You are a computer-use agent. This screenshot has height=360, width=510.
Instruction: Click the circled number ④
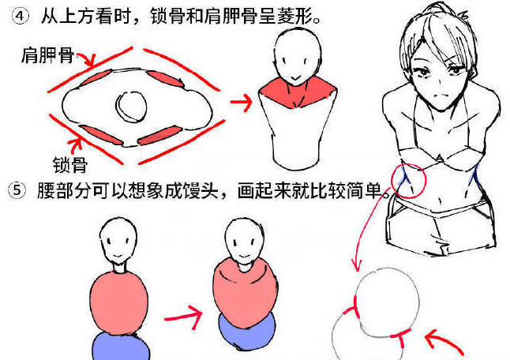tap(21, 16)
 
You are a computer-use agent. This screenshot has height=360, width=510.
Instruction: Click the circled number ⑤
tap(17, 190)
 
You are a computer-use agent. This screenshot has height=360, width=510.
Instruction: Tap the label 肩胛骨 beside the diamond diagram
tap(48, 54)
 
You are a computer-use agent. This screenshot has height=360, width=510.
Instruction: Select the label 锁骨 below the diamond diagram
tap(70, 164)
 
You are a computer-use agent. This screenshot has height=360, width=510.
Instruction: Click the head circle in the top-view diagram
tap(131, 107)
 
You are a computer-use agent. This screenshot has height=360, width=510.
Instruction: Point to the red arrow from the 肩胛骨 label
tap(87, 60)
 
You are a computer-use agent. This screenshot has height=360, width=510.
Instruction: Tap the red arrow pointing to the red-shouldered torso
tap(242, 102)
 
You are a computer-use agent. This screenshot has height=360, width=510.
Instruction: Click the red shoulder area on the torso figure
tap(297, 92)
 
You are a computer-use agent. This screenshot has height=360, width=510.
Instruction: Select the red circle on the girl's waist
tap(408, 181)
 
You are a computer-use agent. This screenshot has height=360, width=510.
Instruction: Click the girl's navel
tap(441, 199)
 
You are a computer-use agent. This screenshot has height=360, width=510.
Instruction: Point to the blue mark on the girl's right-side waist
tap(474, 174)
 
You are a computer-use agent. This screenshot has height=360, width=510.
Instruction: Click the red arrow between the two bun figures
tap(184, 317)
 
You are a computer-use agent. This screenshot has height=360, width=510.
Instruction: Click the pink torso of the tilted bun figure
tap(246, 291)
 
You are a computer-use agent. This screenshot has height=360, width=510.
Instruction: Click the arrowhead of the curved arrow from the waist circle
tap(357, 265)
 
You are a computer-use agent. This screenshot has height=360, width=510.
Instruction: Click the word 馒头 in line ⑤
tap(200, 190)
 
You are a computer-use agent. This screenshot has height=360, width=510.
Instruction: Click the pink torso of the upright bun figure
tap(118, 303)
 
